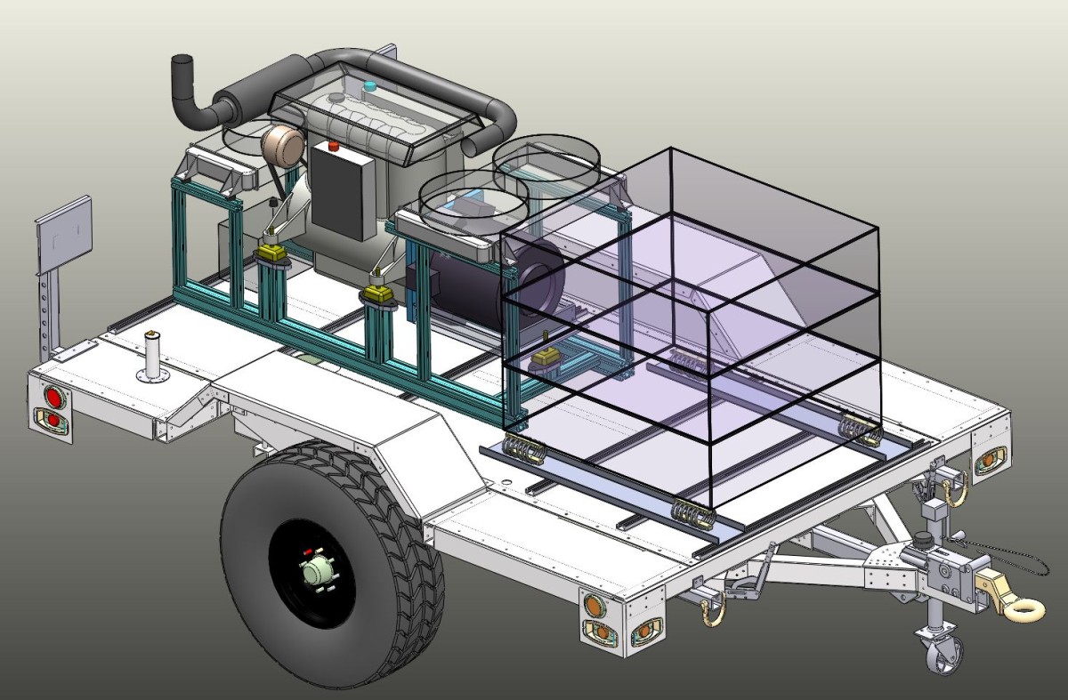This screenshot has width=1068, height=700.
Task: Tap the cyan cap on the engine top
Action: point(370,86)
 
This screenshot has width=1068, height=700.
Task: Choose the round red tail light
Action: point(53,397)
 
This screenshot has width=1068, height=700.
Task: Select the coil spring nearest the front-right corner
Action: point(858,429)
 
